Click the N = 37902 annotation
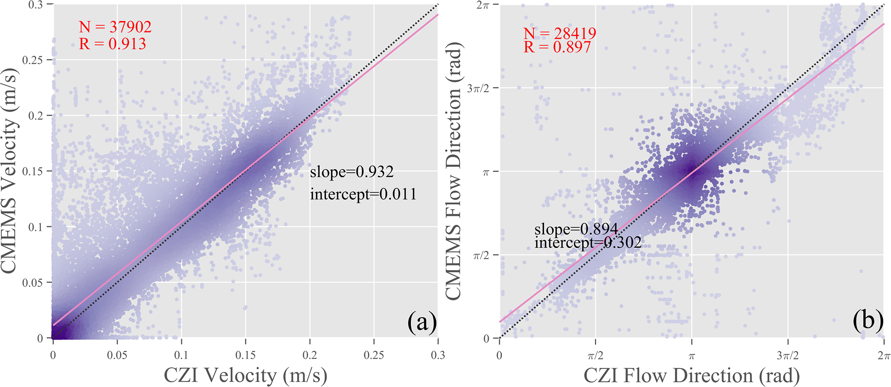(115, 27)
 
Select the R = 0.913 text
(113, 44)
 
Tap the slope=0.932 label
(352, 172)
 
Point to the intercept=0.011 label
(363, 194)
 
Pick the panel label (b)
(868, 321)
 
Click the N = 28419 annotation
(560, 33)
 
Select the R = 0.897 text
(557, 47)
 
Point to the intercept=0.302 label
(588, 243)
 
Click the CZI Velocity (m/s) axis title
(245, 375)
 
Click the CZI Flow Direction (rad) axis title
(691, 375)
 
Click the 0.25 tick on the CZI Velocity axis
(374, 355)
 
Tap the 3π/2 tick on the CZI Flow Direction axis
(788, 356)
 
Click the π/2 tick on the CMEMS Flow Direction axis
(482, 255)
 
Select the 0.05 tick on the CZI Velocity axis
(117, 355)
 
